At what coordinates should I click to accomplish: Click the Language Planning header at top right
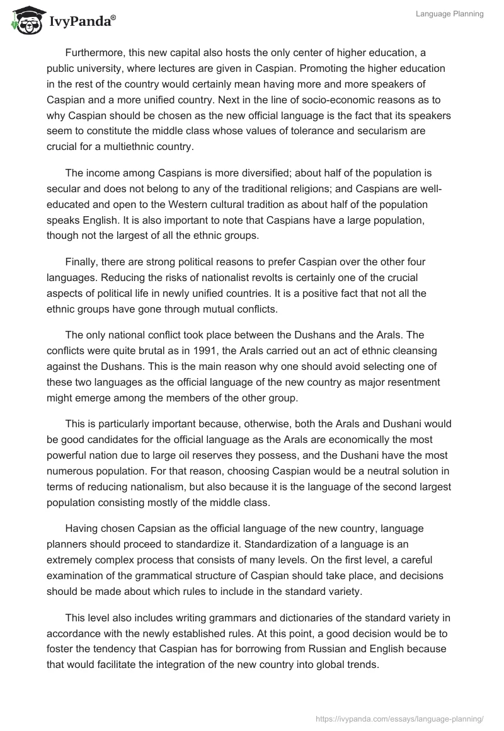(449, 14)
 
